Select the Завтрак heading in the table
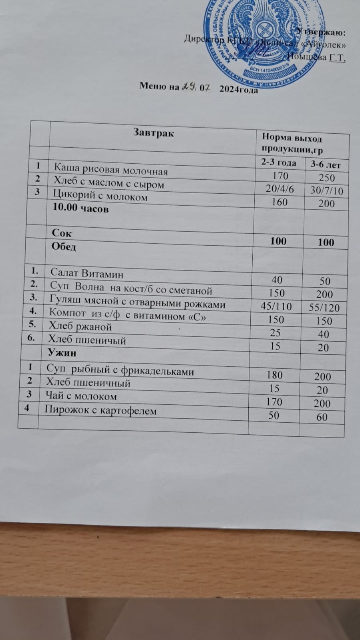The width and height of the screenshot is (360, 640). click(154, 133)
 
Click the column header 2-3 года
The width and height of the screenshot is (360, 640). click(279, 163)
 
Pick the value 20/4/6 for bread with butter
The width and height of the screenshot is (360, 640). click(280, 189)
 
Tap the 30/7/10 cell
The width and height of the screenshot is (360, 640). click(327, 191)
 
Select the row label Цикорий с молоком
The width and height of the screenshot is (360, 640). click(101, 197)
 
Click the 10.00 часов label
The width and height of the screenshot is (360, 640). click(80, 209)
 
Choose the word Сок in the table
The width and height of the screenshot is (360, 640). click(62, 233)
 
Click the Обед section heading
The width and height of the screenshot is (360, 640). click(64, 247)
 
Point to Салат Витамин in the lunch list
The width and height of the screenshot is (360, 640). click(86, 274)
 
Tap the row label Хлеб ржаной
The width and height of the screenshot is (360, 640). click(80, 327)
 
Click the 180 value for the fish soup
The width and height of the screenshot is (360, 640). click(275, 375)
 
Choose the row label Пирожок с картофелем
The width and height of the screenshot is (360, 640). click(100, 410)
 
